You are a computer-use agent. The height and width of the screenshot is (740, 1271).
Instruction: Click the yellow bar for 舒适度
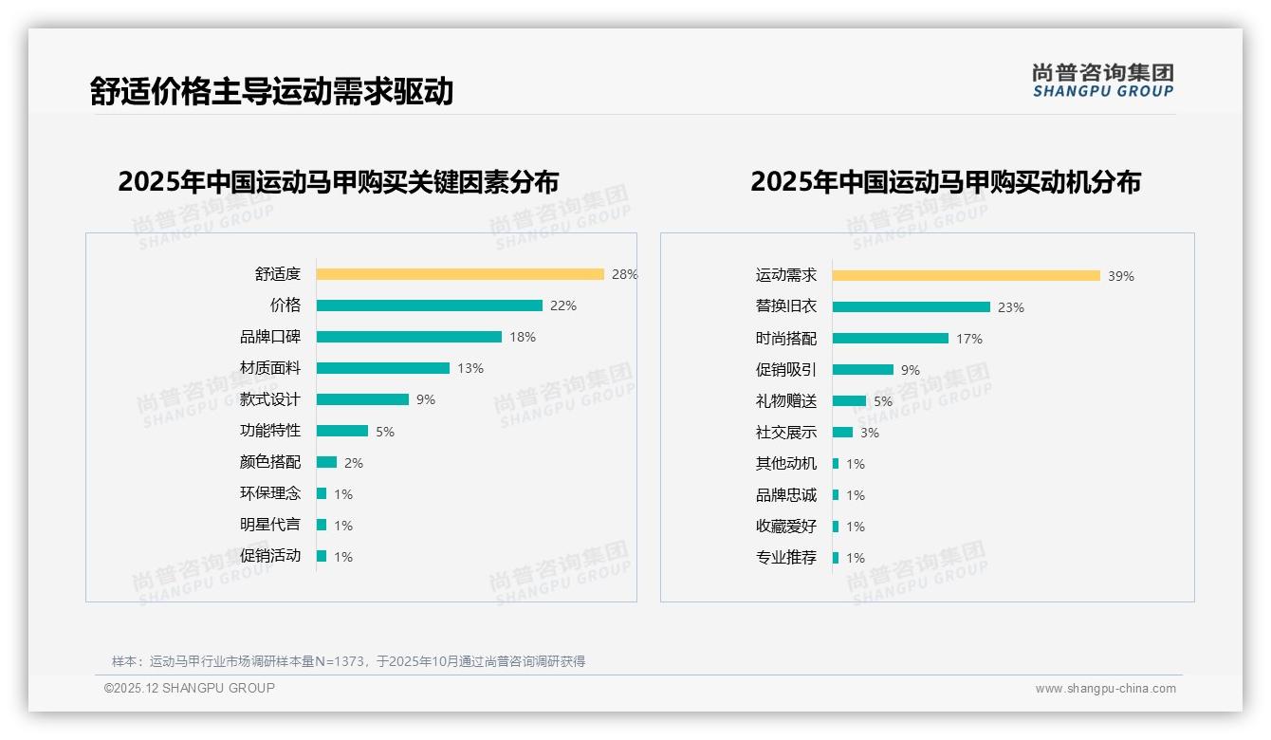click(460, 274)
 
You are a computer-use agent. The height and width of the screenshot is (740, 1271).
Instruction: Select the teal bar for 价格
click(429, 305)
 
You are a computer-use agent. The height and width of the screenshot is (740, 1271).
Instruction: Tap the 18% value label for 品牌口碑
click(523, 337)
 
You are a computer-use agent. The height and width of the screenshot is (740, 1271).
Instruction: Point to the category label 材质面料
click(269, 368)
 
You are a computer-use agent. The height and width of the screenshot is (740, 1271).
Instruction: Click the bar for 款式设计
click(362, 399)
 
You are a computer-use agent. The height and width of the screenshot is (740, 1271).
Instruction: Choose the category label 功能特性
click(269, 431)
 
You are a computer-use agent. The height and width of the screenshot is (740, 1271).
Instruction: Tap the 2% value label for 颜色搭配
click(354, 463)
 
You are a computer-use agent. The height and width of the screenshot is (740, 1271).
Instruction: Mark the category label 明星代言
click(269, 525)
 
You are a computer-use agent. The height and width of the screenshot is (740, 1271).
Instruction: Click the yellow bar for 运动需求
click(966, 276)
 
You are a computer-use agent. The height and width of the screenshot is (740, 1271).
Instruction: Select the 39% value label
click(1121, 276)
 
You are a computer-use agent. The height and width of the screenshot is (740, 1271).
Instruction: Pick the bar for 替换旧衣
click(911, 307)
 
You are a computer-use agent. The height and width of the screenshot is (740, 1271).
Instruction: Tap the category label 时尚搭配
click(785, 339)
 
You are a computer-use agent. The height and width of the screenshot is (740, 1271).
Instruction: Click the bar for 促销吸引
click(862, 370)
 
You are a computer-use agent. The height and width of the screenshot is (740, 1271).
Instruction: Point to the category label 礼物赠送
click(785, 401)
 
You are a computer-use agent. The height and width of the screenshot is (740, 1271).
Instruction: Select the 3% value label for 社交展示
click(870, 433)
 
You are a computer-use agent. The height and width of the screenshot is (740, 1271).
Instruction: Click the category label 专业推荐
click(785, 558)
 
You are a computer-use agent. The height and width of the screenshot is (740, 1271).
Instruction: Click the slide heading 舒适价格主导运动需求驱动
click(271, 91)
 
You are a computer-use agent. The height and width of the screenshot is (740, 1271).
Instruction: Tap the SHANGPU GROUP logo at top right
click(1102, 81)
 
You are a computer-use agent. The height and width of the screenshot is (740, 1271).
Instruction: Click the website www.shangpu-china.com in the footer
click(1105, 689)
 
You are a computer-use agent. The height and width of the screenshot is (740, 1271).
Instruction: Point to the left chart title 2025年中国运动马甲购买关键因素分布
click(338, 181)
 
